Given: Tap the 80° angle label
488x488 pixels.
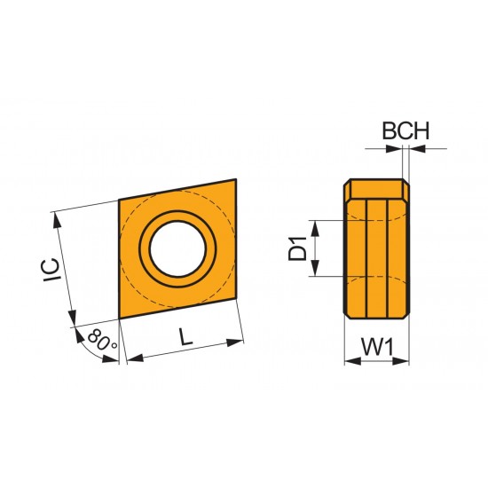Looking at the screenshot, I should pos(102,341).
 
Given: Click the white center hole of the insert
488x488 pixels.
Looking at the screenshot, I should pos(180,248).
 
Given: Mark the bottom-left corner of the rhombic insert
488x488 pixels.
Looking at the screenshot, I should pos(119,317).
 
